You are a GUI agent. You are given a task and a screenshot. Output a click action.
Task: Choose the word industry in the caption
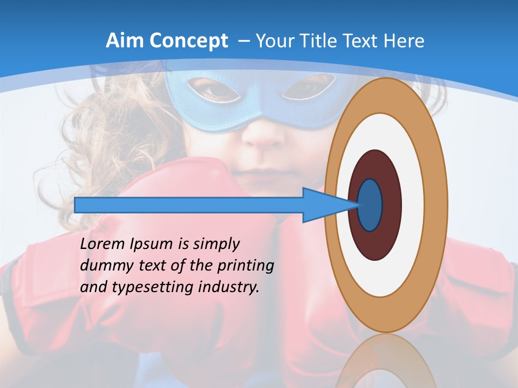point(229,287)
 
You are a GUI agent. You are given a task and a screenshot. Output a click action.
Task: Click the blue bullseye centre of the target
point(370,205)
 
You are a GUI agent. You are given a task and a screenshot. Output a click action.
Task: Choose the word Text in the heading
point(358,40)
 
